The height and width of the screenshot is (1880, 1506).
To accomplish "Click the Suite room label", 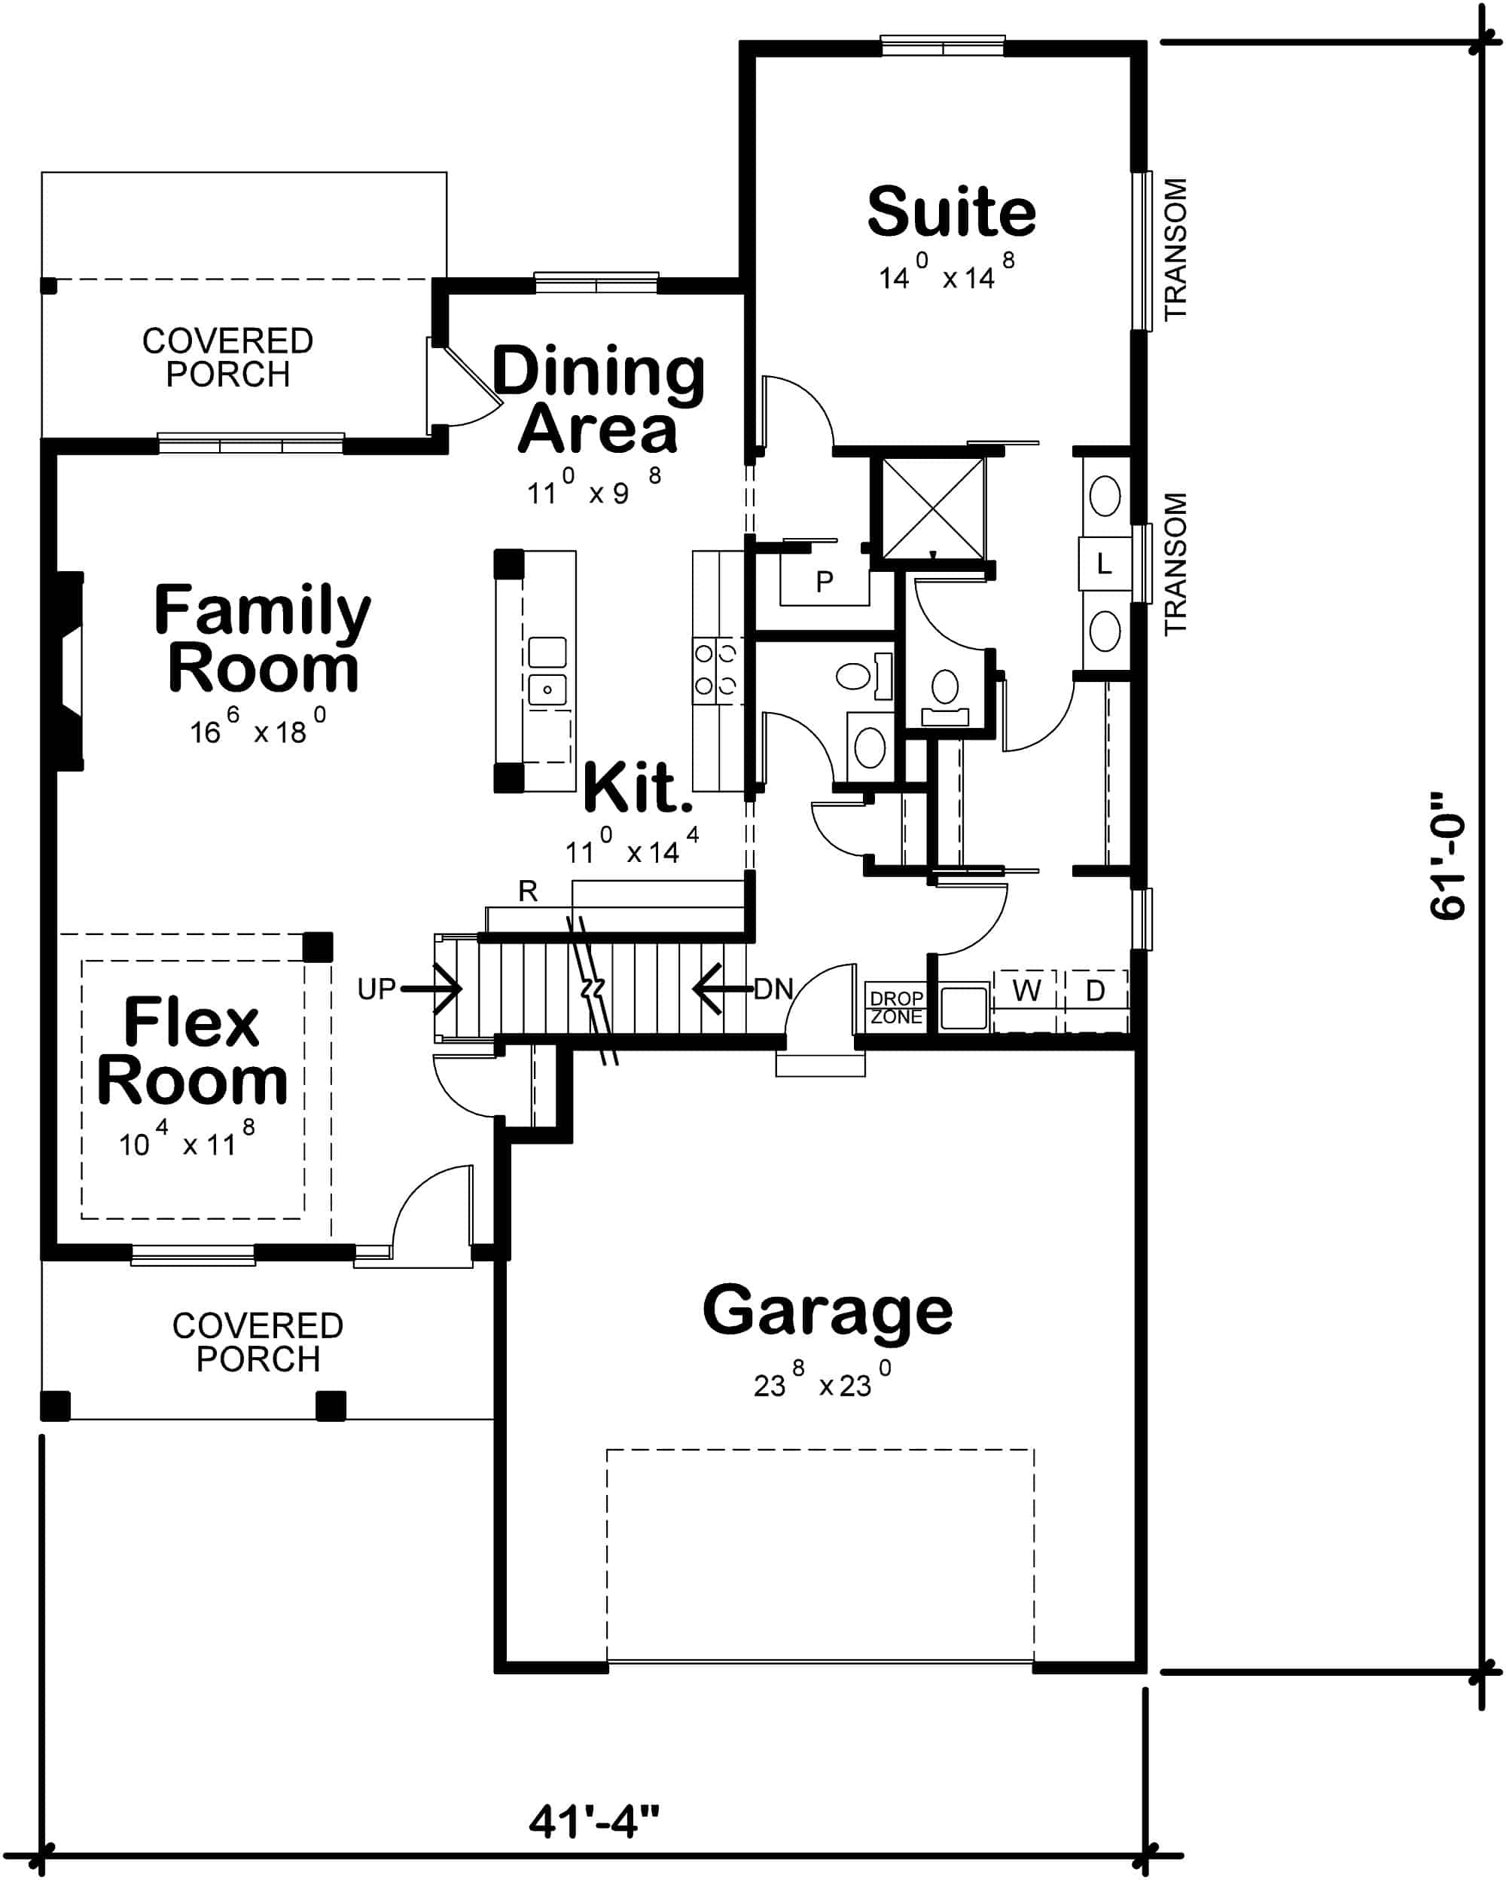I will [951, 212].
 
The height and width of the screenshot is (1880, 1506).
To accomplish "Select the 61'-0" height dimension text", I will [1447, 854].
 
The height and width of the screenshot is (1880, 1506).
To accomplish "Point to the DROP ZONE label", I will [896, 1007].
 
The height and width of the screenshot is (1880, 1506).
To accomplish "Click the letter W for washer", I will [1026, 991].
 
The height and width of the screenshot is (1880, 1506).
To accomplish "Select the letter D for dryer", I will [1096, 991].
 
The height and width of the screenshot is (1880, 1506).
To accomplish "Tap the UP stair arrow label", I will [376, 989].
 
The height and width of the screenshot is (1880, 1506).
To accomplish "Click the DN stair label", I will [773, 989].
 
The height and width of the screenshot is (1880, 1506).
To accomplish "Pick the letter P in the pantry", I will [824, 581].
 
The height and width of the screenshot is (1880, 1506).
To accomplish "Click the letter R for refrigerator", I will [527, 891].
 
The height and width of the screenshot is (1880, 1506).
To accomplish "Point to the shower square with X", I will [932, 509].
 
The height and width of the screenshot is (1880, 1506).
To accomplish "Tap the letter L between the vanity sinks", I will [1103, 564].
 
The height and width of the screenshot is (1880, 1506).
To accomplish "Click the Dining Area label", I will [598, 399].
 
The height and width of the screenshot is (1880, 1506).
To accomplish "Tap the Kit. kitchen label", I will [637, 787].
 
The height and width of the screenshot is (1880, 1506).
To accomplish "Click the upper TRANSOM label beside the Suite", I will [1175, 249].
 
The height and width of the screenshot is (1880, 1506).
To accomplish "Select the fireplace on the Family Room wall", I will [68, 671].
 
